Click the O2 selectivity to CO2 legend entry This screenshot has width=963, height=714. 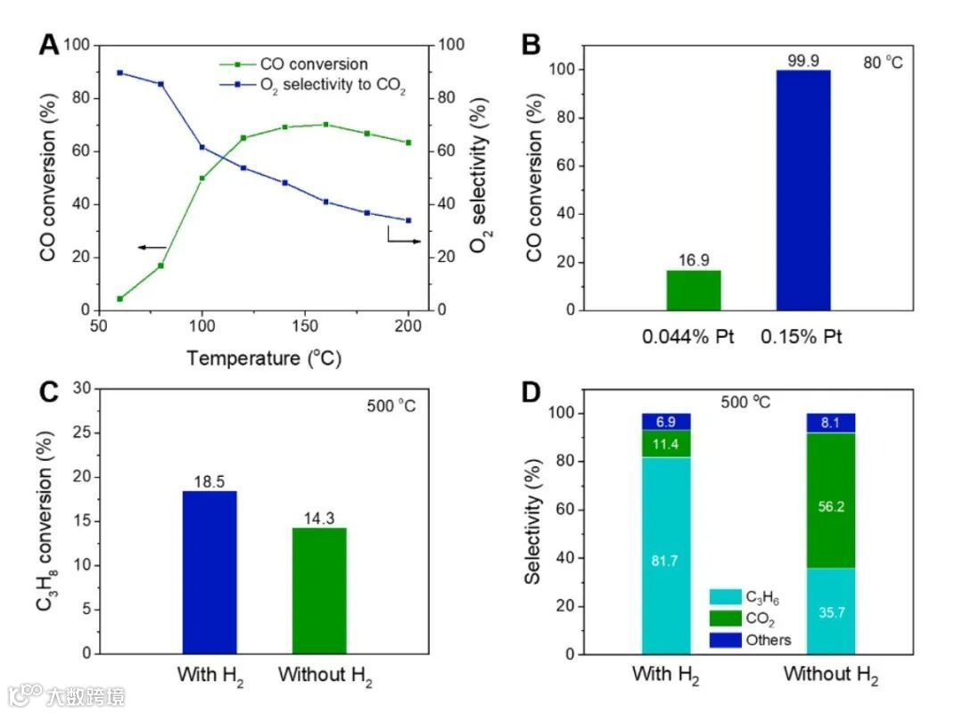pyautogui.click(x=331, y=86)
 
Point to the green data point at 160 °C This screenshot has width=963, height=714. pyautogui.click(x=326, y=125)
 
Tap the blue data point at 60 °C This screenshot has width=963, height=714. pyautogui.click(x=119, y=72)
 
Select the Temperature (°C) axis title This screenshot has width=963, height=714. pyautogui.click(x=264, y=358)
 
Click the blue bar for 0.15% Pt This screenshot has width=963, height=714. pyautogui.click(x=803, y=190)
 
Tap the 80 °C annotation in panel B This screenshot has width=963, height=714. pyautogui.click(x=883, y=63)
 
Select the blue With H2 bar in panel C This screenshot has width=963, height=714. pyautogui.click(x=210, y=571)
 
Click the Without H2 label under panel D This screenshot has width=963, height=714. pyautogui.click(x=830, y=676)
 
